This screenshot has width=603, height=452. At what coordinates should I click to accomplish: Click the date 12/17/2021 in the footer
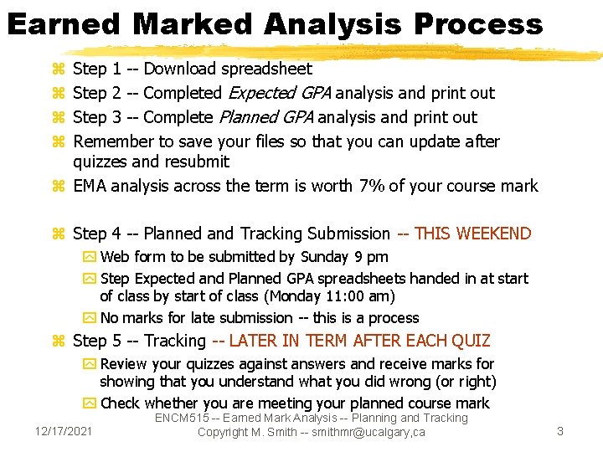pos(64,431)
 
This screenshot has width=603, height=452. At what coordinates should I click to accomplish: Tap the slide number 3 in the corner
pos(560,431)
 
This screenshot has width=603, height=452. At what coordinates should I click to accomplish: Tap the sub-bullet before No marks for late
pos(90,318)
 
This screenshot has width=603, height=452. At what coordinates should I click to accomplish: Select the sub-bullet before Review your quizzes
pos(90,364)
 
